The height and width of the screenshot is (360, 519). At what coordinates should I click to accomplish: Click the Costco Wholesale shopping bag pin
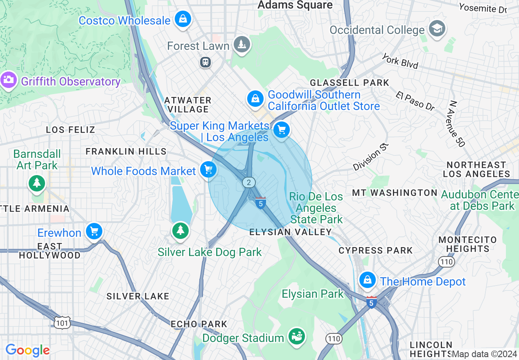tap(183, 19)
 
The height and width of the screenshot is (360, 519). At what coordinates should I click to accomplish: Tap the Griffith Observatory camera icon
tap(8, 80)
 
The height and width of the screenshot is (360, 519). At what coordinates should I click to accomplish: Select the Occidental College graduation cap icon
tap(437, 29)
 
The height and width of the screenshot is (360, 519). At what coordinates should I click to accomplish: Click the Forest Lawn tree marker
tap(241, 44)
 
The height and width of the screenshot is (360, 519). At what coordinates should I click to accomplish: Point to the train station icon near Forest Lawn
tap(205, 62)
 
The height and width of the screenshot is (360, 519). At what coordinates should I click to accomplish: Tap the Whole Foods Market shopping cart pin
tap(208, 169)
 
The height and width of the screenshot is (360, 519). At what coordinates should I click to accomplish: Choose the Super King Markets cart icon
tap(281, 130)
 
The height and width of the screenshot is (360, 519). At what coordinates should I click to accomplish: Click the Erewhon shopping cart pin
tap(94, 232)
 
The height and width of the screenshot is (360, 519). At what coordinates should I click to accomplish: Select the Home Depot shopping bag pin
tap(368, 280)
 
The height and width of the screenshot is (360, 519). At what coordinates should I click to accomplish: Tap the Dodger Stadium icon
tap(296, 336)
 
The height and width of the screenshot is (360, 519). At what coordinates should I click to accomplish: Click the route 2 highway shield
tap(248, 182)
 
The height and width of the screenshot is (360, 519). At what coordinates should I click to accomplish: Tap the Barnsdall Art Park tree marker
tap(37, 182)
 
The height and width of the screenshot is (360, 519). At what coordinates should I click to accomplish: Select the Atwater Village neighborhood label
tap(188, 105)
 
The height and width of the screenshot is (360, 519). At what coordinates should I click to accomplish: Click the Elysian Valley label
tap(291, 232)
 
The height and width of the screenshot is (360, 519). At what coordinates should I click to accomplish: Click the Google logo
tap(27, 351)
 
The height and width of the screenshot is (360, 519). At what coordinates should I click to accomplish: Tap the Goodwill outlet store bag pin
tap(255, 99)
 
